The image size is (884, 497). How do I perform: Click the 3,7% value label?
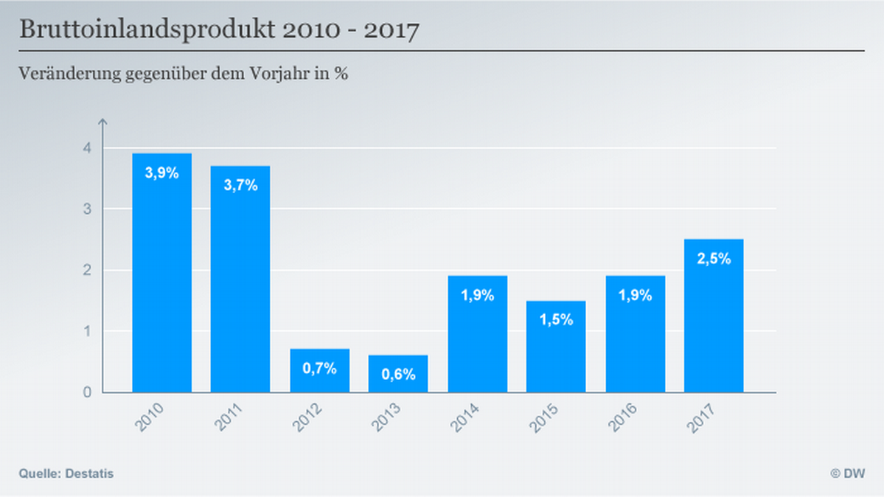[x=240, y=185]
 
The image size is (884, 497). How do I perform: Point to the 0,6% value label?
[x=398, y=374]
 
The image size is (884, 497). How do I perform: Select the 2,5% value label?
[x=714, y=258]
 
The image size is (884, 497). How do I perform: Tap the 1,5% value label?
[x=556, y=320]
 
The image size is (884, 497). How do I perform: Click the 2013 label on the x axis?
[x=388, y=418]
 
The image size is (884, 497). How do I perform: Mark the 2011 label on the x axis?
[x=230, y=418]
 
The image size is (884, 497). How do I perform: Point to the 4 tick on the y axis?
[x=88, y=148]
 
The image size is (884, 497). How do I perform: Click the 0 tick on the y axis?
[x=88, y=392]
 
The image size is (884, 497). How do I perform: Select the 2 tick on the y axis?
[x=88, y=271]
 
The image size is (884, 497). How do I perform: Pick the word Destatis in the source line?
[x=90, y=473]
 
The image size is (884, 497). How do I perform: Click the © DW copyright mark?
[x=848, y=473]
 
